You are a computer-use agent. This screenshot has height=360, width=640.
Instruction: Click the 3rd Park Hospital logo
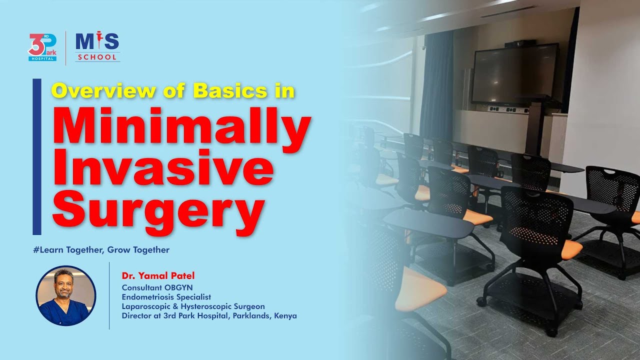tap(42, 47)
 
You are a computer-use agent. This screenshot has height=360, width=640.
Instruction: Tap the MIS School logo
tap(97, 47)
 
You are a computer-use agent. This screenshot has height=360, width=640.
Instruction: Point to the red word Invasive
tap(162, 170)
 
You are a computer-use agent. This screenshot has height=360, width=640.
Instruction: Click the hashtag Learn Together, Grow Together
tap(101, 249)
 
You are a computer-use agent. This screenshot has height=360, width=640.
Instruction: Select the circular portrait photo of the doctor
tap(65, 295)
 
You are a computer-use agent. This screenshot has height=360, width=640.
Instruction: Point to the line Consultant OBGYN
tap(157, 287)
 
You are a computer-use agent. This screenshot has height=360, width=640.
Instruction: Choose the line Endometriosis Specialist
tap(166, 296)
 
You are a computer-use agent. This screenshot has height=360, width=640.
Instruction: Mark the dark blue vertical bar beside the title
tap(36, 156)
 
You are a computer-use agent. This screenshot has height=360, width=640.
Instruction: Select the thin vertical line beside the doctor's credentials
tap(109, 295)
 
